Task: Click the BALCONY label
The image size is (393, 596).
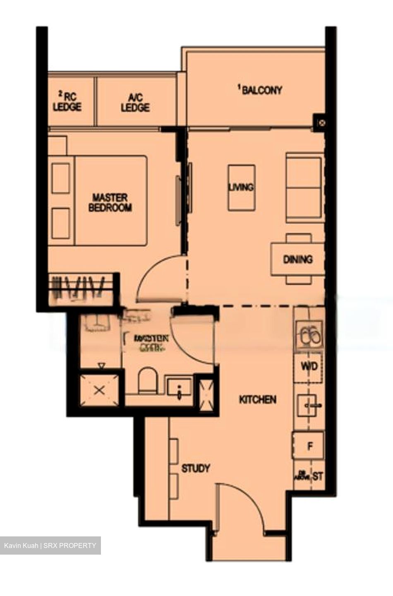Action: (261, 90)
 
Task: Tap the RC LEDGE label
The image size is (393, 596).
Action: (67, 102)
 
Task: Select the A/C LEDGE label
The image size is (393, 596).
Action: (135, 103)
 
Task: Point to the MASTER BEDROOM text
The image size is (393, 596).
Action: (110, 202)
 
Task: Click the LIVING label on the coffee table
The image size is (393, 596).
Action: (241, 187)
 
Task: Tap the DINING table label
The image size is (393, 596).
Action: (297, 260)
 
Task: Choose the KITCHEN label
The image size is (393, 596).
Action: (258, 399)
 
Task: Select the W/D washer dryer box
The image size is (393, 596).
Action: (309, 366)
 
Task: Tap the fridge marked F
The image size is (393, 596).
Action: (309, 446)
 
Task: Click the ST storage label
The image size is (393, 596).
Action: (318, 476)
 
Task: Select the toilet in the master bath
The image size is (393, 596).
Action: (148, 380)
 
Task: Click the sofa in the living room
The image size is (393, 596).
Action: (304, 187)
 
